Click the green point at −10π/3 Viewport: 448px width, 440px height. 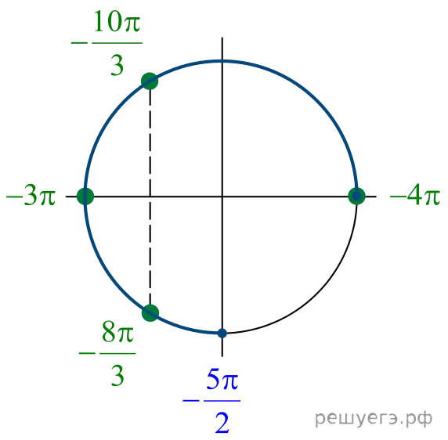150,81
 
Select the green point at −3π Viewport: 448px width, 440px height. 85,197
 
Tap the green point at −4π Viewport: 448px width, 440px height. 356,197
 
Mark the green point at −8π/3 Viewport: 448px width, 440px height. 150,313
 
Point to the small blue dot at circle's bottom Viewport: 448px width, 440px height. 222,333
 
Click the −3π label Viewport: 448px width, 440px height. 31,197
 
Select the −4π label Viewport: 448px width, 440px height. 415,197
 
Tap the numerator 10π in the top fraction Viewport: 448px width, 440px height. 117,22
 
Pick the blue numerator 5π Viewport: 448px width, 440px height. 222,380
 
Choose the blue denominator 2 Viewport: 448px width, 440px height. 222,423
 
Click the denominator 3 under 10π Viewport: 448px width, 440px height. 117,66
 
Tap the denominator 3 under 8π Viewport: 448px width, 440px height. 117,376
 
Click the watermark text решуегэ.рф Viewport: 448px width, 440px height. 374,419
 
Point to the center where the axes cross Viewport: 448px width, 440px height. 222,197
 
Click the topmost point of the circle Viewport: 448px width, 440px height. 222,61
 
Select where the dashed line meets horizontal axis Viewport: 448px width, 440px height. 150,197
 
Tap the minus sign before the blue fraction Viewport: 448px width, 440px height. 191,401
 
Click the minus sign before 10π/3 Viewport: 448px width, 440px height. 79,43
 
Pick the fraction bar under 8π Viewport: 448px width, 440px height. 117,353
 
